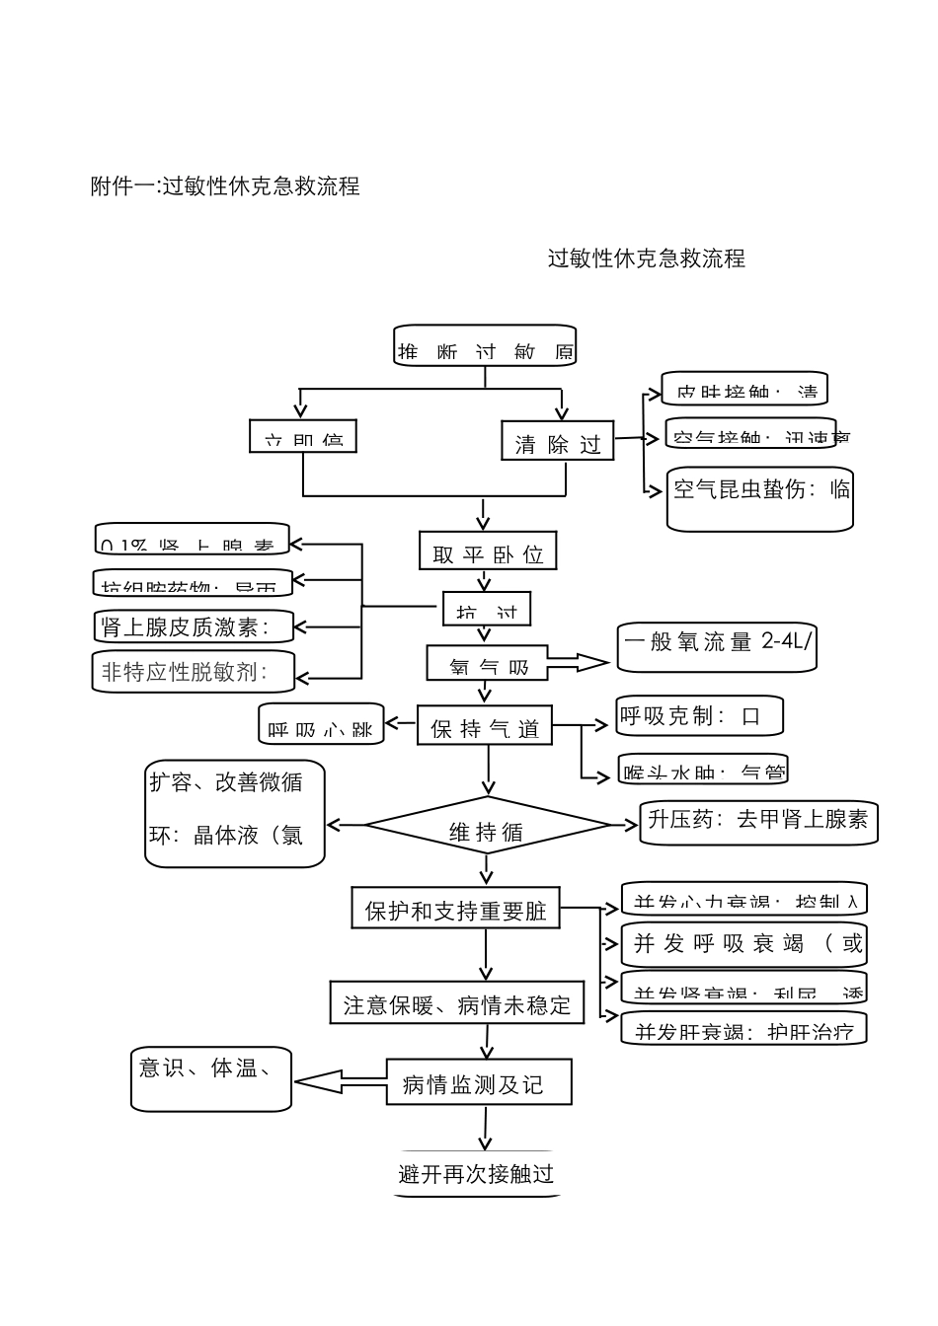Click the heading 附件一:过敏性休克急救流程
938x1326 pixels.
coord(225,185)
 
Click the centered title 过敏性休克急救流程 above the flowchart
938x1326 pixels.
coord(647,258)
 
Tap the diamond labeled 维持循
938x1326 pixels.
coord(488,827)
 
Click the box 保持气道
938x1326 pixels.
coord(485,727)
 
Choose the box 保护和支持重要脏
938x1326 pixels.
coord(455,909)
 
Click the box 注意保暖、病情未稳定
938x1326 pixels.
coord(456,1003)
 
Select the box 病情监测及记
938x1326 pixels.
coord(478,1083)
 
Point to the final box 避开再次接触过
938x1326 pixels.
coord(477,1174)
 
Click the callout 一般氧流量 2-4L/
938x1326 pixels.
coord(716,646)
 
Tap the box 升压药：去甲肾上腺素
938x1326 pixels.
coord(758,821)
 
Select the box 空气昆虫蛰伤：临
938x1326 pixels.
coord(759,497)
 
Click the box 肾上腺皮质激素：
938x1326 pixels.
coord(194,626)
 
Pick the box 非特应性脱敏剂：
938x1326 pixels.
coord(194,672)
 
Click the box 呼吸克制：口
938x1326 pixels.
coord(699,716)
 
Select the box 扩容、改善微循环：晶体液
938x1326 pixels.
coord(235,813)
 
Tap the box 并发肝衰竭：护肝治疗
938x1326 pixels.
coord(743,1030)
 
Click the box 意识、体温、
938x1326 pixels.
coord(210,1078)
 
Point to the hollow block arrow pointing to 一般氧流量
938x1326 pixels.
coord(578,663)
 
